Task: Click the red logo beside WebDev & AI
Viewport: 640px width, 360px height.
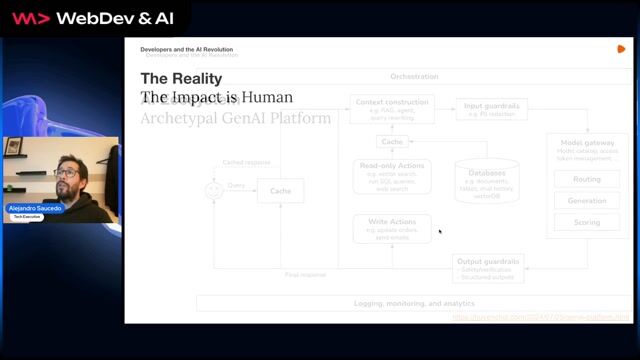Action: [32, 18]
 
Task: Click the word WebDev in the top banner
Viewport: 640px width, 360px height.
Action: [90, 18]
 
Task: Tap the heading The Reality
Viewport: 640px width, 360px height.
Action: [181, 78]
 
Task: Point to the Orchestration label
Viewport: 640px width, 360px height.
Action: [414, 76]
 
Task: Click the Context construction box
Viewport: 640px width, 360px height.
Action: [391, 108]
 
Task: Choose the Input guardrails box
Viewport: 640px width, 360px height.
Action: [491, 108]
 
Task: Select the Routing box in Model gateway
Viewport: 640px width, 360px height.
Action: [587, 179]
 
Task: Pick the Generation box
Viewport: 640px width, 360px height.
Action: [587, 200]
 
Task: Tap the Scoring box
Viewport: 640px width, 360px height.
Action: [587, 222]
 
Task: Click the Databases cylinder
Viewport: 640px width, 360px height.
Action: [487, 180]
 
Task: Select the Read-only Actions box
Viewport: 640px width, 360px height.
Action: [391, 176]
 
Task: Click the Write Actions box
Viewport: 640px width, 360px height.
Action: [391, 228]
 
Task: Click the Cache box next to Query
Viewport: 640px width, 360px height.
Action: [280, 191]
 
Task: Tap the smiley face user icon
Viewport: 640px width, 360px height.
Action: [213, 190]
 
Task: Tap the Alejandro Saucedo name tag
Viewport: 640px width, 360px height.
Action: [36, 208]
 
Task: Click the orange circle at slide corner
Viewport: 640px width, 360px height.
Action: [621, 48]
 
